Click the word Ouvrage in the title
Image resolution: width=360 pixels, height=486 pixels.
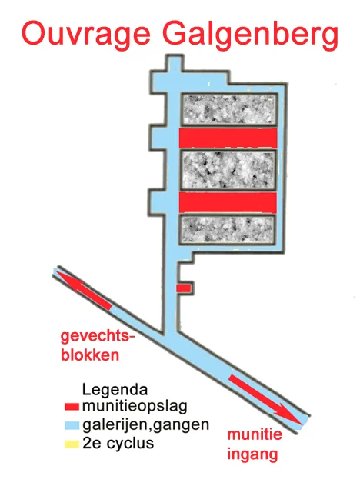point(86,34)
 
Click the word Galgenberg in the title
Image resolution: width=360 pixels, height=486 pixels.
point(251,34)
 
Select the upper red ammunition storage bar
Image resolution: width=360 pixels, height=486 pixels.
point(228,138)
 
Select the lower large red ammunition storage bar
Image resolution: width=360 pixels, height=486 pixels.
point(228,202)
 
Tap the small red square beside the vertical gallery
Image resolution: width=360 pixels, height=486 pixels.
point(184,288)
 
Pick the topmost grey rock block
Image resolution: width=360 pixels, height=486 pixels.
point(228,109)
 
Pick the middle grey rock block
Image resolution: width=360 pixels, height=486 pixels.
point(228,170)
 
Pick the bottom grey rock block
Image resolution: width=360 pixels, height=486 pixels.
point(228,229)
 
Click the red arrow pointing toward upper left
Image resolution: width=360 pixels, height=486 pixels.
point(83,290)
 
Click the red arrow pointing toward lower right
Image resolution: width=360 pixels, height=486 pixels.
point(265,399)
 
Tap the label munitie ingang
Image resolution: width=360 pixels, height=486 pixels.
point(255,444)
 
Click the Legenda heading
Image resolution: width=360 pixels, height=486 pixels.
point(115,390)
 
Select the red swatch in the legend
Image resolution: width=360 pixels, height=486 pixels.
point(72,407)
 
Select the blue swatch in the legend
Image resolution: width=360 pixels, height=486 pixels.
point(72,425)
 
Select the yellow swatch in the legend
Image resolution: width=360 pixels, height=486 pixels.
point(72,444)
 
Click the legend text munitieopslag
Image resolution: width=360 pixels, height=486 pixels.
point(135,406)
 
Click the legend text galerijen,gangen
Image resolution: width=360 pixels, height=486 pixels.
point(145,425)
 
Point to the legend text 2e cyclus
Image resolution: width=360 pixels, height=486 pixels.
point(118,443)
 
